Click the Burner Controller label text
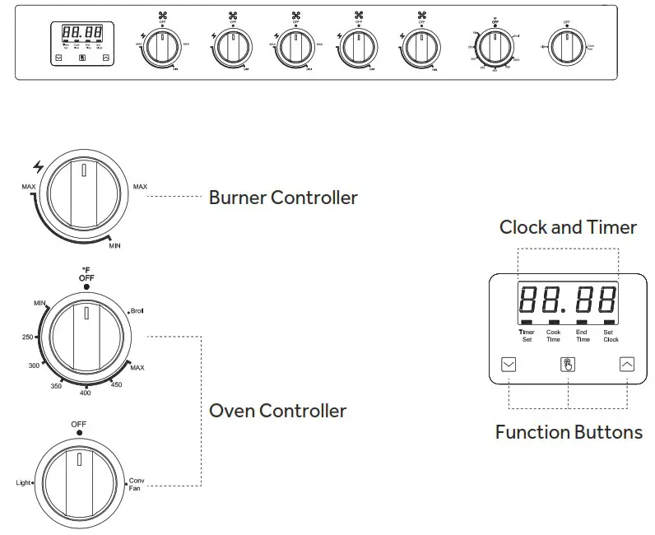point(283,198)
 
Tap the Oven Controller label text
point(277,410)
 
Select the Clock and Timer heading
point(568,227)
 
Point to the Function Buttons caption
point(569,432)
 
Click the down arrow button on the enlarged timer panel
point(509,364)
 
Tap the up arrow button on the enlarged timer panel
point(627,364)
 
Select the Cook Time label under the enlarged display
point(553,335)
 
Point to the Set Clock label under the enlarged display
point(610,335)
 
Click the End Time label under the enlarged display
point(582,335)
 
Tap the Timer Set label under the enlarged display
point(526,335)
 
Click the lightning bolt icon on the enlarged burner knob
point(38,167)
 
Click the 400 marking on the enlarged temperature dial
point(86,393)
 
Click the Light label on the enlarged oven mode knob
point(22,483)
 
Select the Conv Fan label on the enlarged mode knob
point(136,484)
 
